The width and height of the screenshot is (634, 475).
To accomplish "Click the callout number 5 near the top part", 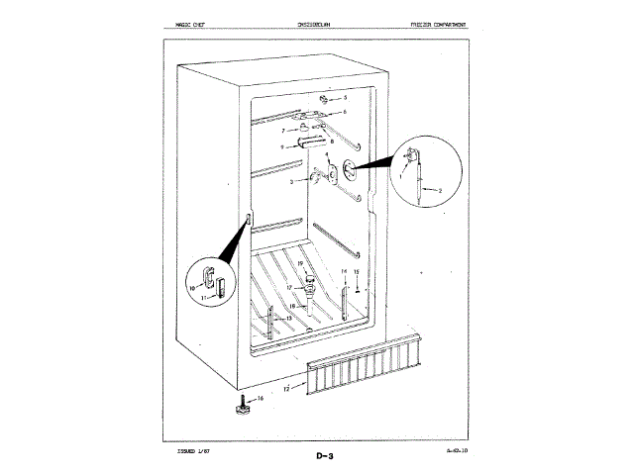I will (345, 100).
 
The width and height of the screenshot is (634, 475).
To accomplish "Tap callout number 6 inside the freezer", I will (344, 114).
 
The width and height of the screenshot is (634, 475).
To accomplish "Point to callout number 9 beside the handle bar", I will (282, 146).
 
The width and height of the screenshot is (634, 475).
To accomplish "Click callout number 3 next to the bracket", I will (291, 183).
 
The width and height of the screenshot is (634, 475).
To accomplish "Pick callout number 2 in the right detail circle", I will (439, 189).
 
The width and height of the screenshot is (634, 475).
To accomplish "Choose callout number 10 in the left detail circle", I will (192, 287).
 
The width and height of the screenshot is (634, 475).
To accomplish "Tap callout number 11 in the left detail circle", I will (203, 297).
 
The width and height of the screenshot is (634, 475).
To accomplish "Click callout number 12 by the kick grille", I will (288, 390).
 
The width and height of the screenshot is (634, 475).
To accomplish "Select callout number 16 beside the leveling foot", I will (261, 398).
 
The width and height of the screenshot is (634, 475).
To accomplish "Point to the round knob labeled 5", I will (326, 100).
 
